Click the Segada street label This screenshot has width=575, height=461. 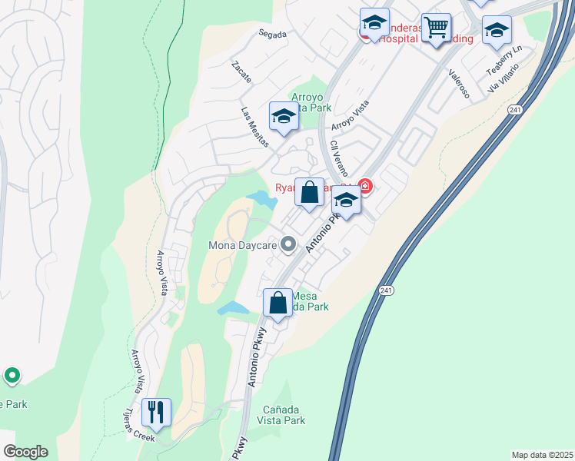pyautogui.click(x=273, y=35)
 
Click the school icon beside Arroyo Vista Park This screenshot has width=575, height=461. pyautogui.click(x=284, y=117)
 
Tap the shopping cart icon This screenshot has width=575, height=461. pyautogui.click(x=437, y=28)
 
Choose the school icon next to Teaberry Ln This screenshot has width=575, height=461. pyautogui.click(x=497, y=31)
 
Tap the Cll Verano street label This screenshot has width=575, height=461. pyautogui.click(x=337, y=158)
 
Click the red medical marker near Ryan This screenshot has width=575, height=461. pyautogui.click(x=364, y=186)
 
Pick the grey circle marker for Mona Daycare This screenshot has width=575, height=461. pyautogui.click(x=288, y=244)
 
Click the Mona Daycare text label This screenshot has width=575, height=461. pyautogui.click(x=242, y=246)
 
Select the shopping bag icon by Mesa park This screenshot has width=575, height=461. pyautogui.click(x=278, y=302)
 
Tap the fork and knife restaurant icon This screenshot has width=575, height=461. pyautogui.click(x=156, y=412)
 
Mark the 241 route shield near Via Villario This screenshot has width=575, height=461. pyautogui.click(x=513, y=111)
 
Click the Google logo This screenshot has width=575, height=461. pyautogui.click(x=25, y=452)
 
